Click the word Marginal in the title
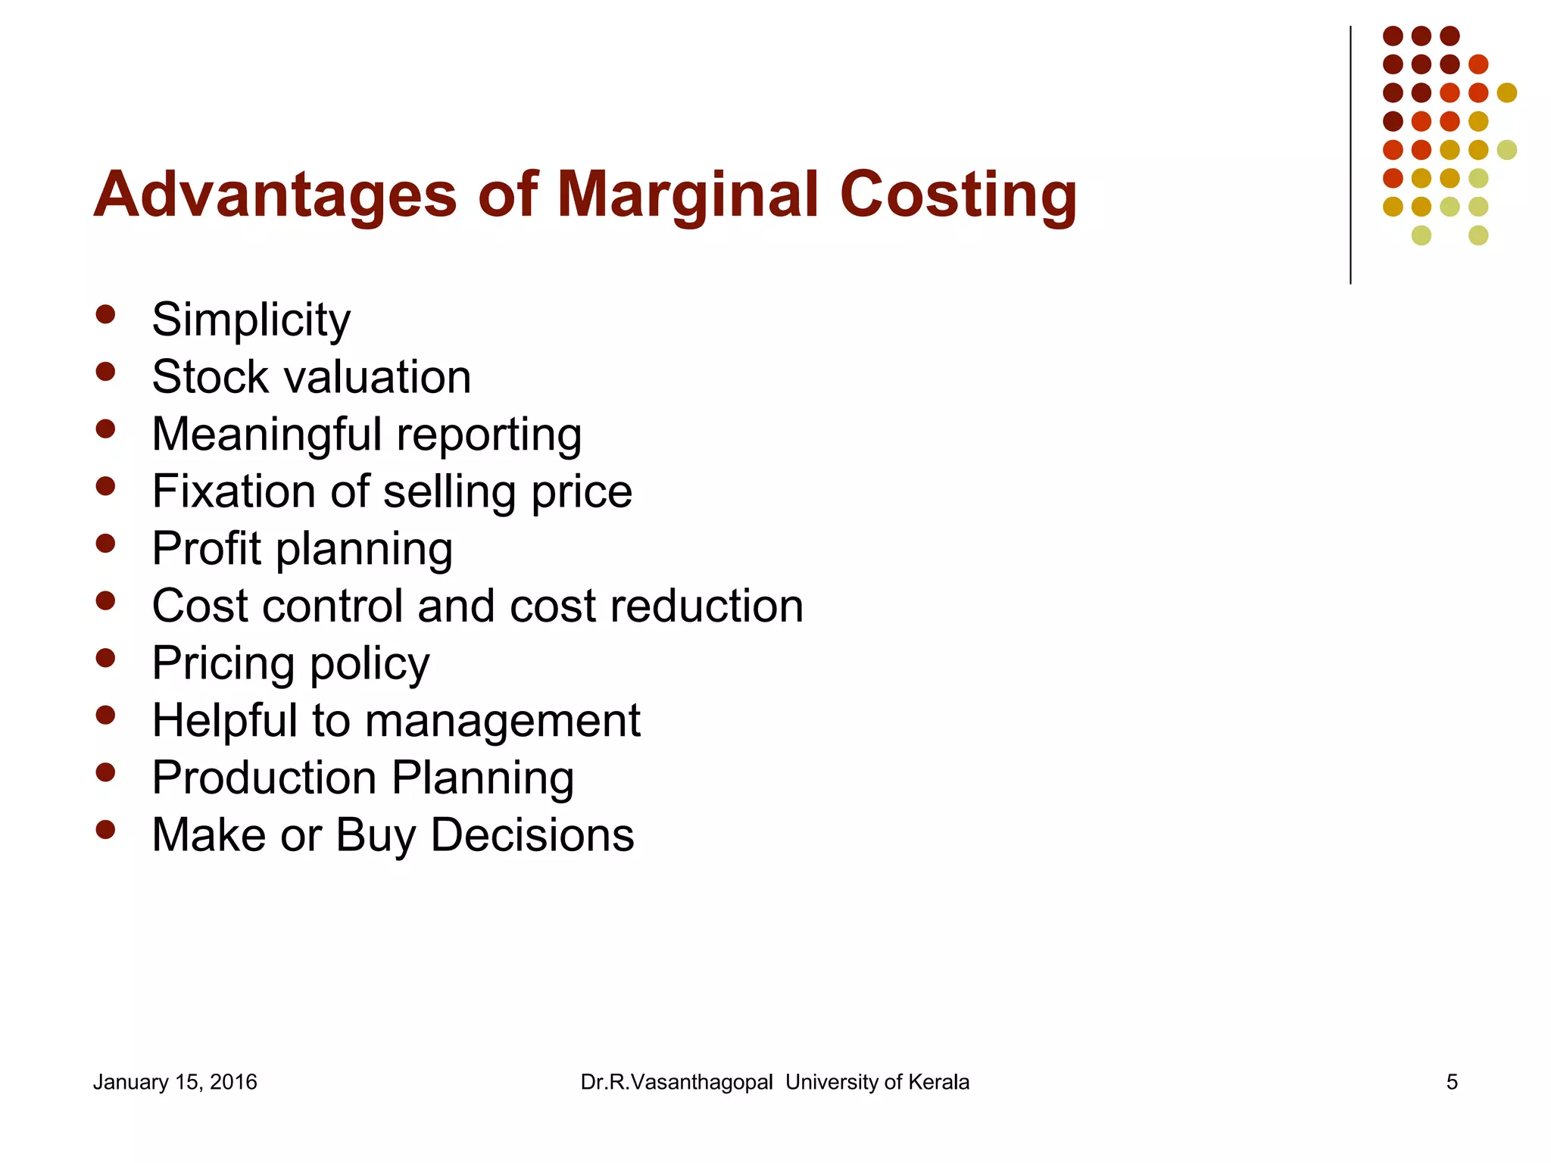(x=688, y=195)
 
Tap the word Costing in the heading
(x=958, y=195)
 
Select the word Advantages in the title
(x=275, y=195)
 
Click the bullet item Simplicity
(x=251, y=320)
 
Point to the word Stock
(x=211, y=376)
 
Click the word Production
(x=264, y=778)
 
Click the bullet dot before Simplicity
(x=105, y=314)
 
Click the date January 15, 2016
(x=175, y=1082)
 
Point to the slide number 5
(x=1452, y=1082)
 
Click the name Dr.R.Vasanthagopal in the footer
(x=676, y=1082)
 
